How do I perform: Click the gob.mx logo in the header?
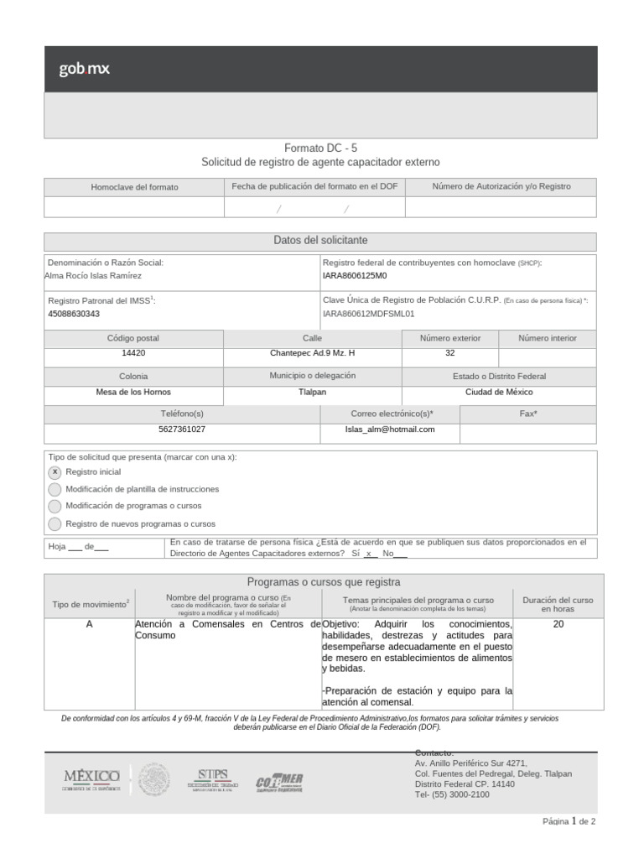click(x=84, y=69)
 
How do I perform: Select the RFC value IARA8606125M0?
click(x=355, y=275)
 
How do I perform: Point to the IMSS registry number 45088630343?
click(x=74, y=314)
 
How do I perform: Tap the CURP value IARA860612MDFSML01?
click(x=369, y=314)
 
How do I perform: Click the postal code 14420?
click(x=133, y=353)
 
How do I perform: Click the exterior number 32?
click(x=450, y=353)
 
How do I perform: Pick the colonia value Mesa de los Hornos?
click(x=133, y=392)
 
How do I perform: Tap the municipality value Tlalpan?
click(x=312, y=392)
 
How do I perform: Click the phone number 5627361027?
click(x=182, y=429)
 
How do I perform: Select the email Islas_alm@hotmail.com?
click(x=390, y=429)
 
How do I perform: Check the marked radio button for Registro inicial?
click(x=55, y=472)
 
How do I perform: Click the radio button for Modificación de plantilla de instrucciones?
click(x=55, y=489)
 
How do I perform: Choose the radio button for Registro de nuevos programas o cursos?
click(x=55, y=523)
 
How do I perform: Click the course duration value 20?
click(x=558, y=624)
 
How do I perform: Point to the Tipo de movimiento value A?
click(x=89, y=624)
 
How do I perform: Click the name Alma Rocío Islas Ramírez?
click(x=93, y=275)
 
